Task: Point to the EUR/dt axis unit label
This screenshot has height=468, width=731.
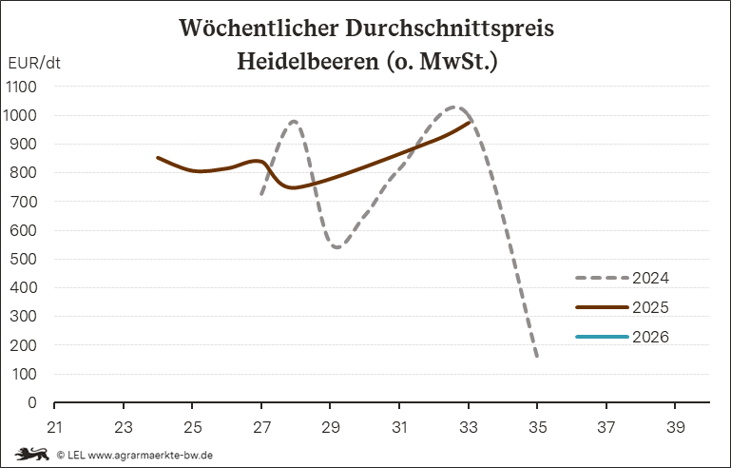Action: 34,64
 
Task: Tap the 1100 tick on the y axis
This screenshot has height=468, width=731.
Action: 21,87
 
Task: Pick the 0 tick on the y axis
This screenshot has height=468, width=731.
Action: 31,402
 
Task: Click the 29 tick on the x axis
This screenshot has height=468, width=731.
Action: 331,426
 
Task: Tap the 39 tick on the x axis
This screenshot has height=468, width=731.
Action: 676,426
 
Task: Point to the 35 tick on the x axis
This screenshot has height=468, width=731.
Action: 538,426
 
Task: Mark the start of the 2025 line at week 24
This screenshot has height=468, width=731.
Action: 158,158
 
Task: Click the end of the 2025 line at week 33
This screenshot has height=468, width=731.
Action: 469,122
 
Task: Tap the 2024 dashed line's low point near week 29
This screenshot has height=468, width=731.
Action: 337,247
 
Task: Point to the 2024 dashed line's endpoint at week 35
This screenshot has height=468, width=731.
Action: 537,357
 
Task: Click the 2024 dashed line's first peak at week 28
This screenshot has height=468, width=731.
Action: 295,121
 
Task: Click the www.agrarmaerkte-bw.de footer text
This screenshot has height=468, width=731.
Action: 150,455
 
